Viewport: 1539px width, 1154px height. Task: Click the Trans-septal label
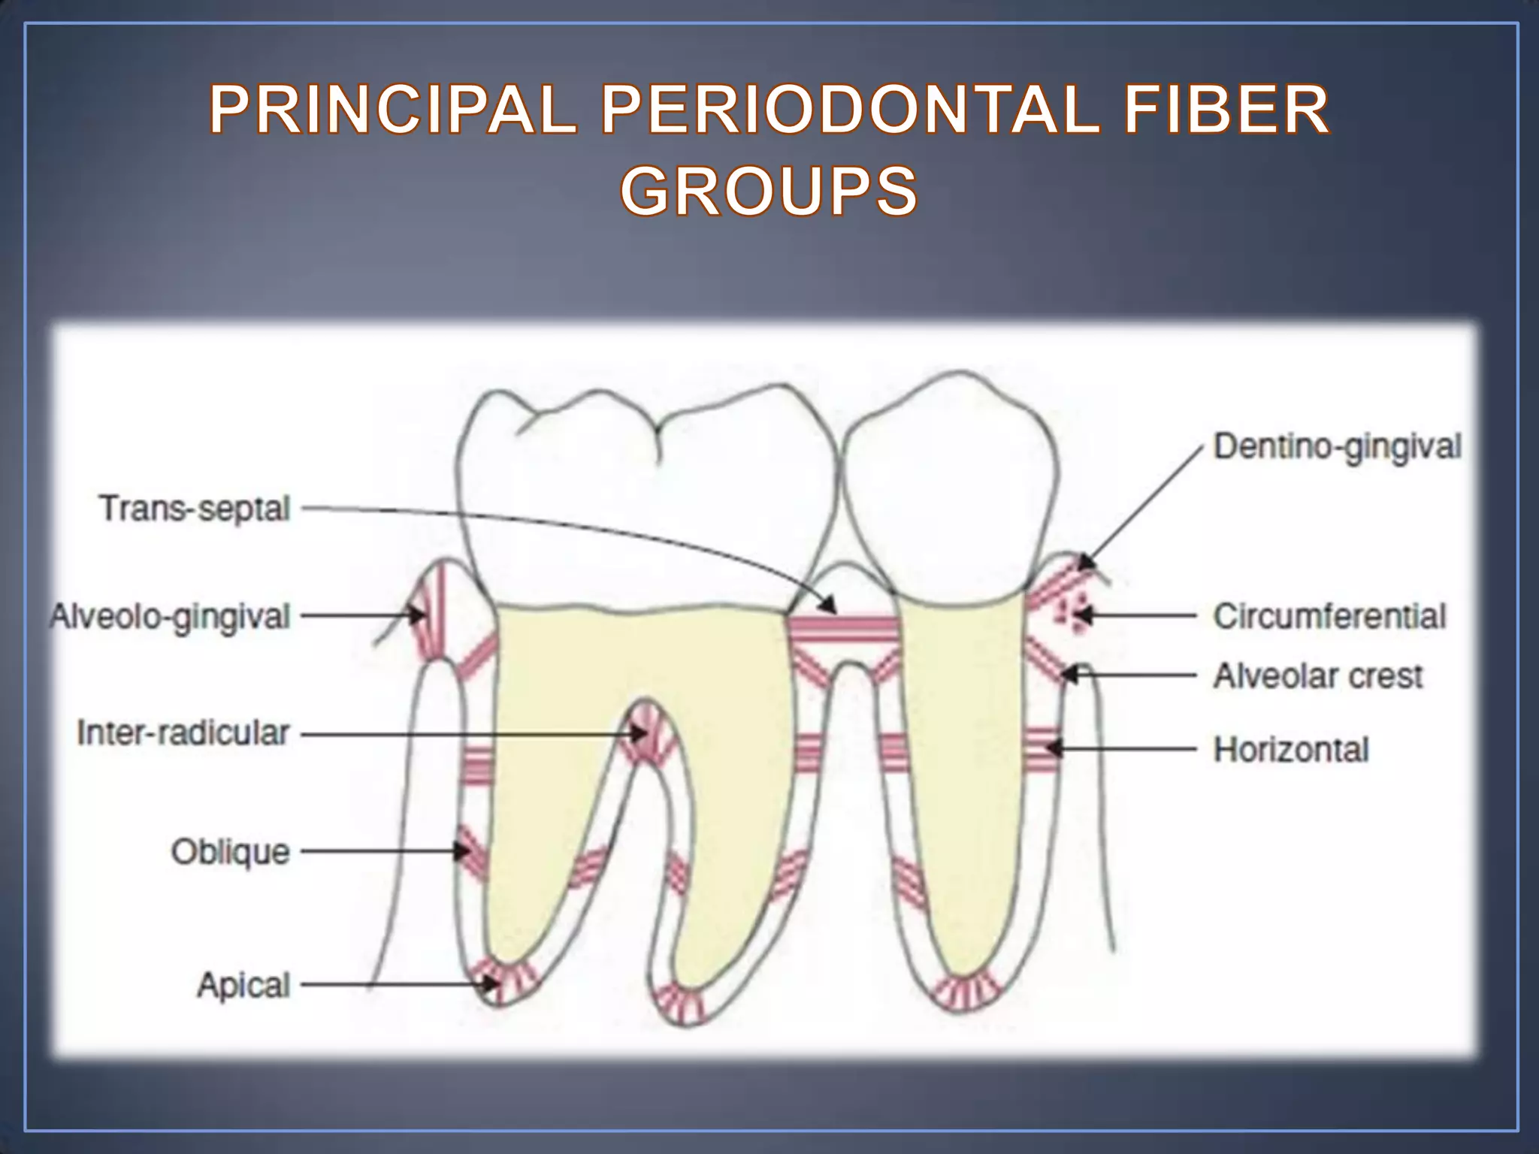click(x=195, y=509)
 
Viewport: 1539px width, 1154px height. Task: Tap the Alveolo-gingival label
click(x=171, y=617)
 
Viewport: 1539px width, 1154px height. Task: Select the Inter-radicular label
click(x=183, y=733)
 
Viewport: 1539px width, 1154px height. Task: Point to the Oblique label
click(x=230, y=852)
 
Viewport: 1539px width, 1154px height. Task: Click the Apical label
click(x=243, y=984)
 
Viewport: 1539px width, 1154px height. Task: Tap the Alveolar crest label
click(x=1318, y=676)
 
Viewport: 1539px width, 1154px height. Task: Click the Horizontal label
click(x=1291, y=749)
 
